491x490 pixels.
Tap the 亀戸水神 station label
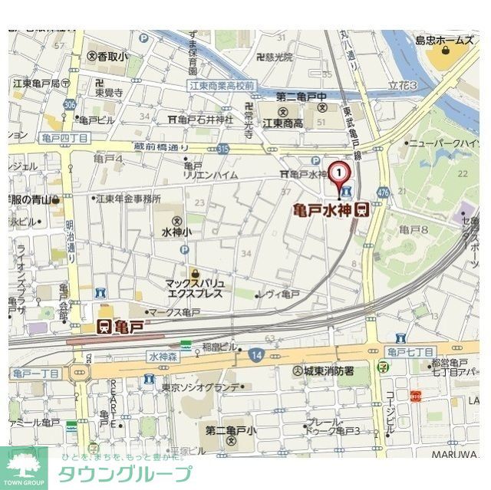coord(325,209)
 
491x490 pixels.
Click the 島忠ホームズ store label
coord(444,41)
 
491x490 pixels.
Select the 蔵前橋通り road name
coord(161,146)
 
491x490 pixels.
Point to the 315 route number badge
coord(223,147)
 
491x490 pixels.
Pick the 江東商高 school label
coord(282,123)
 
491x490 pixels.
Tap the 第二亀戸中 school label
coord(302,97)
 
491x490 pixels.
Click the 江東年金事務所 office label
coord(127,198)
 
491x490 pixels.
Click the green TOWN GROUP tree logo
coord(24,465)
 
